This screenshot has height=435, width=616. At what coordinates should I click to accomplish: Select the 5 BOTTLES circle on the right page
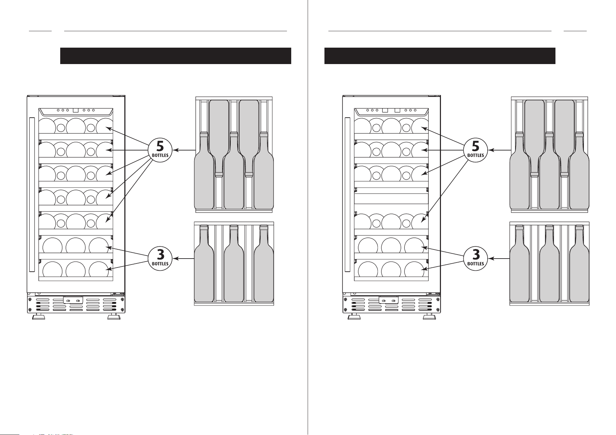(475, 150)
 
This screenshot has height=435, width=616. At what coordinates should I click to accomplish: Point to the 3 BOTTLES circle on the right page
(475, 258)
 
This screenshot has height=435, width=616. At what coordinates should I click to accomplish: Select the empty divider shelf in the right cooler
(391, 196)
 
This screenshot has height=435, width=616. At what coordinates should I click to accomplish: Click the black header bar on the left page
(176, 56)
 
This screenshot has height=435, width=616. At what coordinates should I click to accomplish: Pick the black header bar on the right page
(440, 56)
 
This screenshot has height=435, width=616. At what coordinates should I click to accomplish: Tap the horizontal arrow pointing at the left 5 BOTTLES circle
(184, 150)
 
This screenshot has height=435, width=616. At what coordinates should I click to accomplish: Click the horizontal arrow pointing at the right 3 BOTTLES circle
(499, 259)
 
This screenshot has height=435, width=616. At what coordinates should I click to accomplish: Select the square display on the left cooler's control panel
(75, 110)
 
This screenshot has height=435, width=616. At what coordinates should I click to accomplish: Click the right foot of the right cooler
(429, 317)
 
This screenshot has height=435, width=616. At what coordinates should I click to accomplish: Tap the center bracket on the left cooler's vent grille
(73, 300)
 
